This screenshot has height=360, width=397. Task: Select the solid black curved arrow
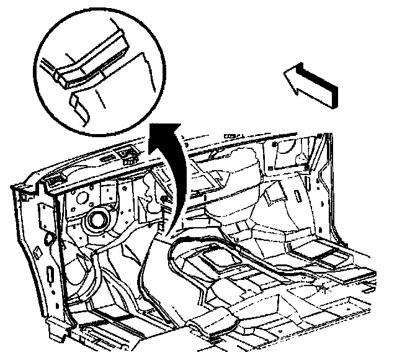click(175, 174)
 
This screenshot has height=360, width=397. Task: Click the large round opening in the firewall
click(97, 219)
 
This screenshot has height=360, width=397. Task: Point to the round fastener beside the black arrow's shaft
click(163, 198)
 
